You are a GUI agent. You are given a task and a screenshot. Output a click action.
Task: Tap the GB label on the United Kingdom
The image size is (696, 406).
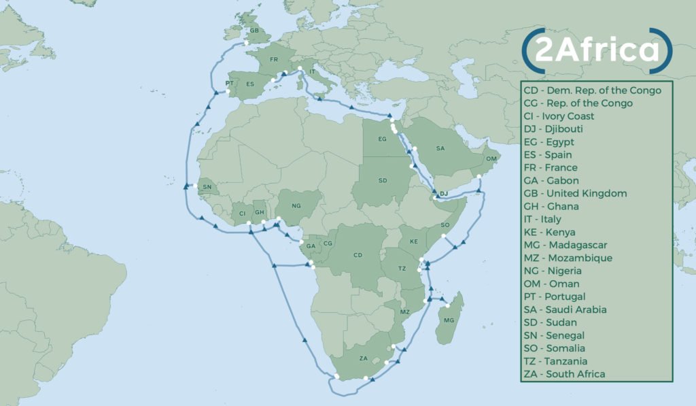click(254, 31)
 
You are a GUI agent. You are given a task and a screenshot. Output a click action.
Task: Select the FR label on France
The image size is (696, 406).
click(274, 60)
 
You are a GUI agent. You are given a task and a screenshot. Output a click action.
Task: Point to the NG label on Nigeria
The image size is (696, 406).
click(295, 205)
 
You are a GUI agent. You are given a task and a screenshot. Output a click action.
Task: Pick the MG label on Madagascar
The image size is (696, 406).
click(448, 320)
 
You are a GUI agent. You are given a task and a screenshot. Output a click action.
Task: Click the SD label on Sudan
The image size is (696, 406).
click(383, 181)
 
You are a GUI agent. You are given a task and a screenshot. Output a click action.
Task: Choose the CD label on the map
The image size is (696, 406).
click(358, 256)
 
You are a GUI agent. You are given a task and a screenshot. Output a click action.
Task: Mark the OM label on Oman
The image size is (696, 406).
click(491, 158)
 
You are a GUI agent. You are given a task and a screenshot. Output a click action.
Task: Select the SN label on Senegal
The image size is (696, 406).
click(207, 187)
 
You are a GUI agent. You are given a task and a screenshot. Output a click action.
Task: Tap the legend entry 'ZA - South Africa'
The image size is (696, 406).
click(564, 374)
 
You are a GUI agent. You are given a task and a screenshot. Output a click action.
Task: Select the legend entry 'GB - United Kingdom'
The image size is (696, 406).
click(575, 193)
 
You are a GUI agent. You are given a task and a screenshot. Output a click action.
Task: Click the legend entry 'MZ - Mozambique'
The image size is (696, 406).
click(568, 258)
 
